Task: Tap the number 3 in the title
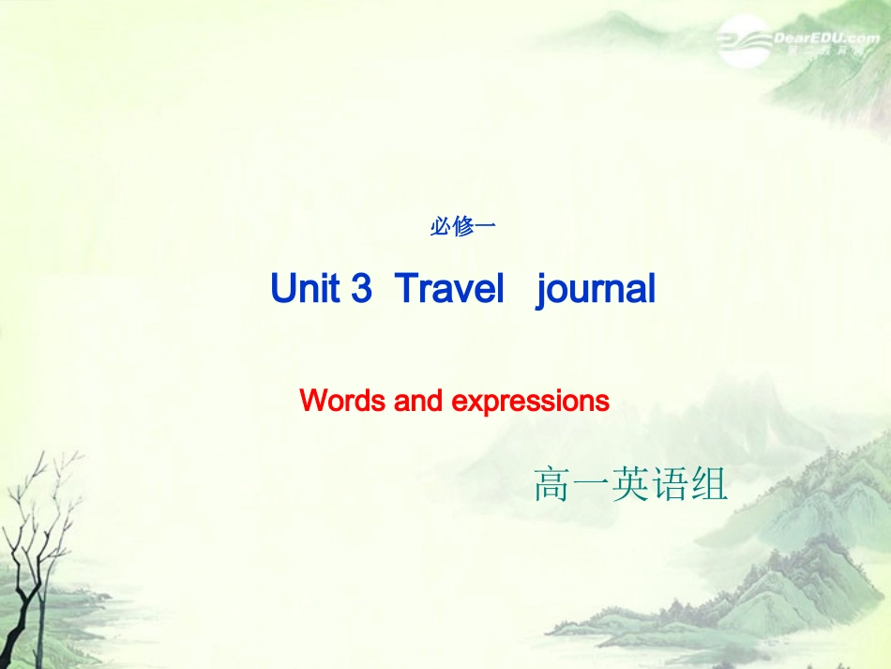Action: [362, 289]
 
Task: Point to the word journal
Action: [597, 290]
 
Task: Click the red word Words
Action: [342, 402]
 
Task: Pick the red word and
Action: [418, 402]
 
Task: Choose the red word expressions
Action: [531, 402]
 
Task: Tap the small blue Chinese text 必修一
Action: [461, 227]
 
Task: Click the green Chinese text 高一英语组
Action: [630, 484]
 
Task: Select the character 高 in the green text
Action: [551, 484]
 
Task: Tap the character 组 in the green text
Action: [709, 484]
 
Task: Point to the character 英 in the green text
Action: [630, 484]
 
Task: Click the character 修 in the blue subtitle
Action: [462, 227]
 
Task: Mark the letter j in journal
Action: [543, 291]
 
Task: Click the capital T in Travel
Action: [405, 289]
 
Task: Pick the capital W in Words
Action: [314, 402]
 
